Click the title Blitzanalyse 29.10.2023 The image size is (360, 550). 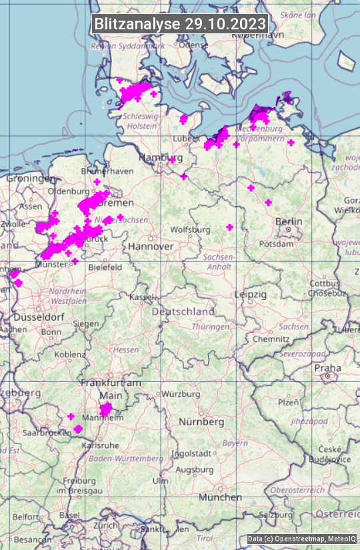point(180,24)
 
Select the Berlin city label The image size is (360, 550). point(289,221)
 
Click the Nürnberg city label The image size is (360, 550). point(201,422)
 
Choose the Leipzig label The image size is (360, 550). point(251,294)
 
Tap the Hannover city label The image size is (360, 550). point(151,246)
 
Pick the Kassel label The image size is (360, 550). point(141,297)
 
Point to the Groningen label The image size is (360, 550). point(31,179)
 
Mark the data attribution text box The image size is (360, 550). point(302,539)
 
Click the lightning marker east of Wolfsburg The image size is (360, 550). point(229,227)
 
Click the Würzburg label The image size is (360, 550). point(181,394)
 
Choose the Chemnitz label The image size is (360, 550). point(271,339)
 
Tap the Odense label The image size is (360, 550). point(193,45)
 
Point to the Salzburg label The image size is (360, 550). point(276,514)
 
